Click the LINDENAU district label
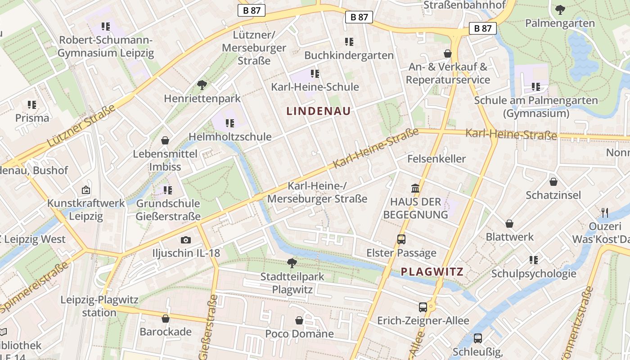[x=319, y=111]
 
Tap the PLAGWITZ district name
[x=432, y=271]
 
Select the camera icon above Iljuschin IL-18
[x=185, y=240]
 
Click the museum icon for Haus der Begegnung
[x=415, y=188]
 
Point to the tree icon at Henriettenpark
[x=202, y=84]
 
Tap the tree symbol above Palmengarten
[x=560, y=9]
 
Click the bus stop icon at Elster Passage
[x=401, y=239]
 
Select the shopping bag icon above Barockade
[x=165, y=319]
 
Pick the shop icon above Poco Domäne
[x=299, y=320]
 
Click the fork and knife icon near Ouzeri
[x=604, y=212]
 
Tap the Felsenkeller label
[x=436, y=159]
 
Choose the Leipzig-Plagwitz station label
[x=99, y=306]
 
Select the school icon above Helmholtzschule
[x=230, y=123]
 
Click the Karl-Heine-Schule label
[x=315, y=87]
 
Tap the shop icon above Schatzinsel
[x=553, y=182]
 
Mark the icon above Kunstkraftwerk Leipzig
[x=86, y=190]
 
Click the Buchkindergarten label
[x=349, y=55]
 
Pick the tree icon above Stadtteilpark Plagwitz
[x=292, y=263]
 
